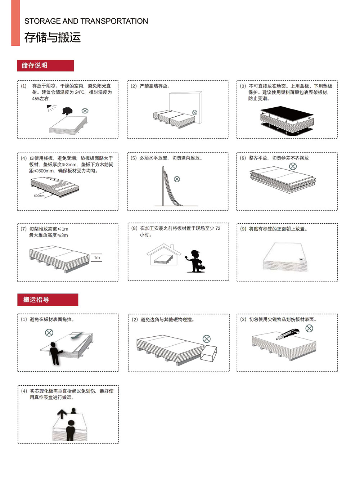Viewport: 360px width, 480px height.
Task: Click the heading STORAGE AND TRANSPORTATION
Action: [x=86, y=21]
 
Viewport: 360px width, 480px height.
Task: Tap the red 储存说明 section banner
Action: [x=45, y=66]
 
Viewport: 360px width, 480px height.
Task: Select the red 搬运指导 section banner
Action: [x=48, y=300]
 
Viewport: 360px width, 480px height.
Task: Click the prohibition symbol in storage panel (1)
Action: [x=85, y=111]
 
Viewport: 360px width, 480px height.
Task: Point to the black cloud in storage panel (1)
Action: [x=67, y=111]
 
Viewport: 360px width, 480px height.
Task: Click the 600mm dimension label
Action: [x=39, y=196]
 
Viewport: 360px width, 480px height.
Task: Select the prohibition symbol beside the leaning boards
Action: [x=177, y=179]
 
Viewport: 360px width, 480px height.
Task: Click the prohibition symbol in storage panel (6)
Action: [x=293, y=166]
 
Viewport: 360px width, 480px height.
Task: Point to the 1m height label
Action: [x=97, y=257]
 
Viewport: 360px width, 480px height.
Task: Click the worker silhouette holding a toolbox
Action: [x=195, y=261]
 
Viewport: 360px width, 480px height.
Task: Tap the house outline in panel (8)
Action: [x=164, y=254]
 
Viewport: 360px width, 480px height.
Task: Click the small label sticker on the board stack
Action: [x=302, y=260]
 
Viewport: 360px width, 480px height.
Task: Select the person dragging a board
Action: [x=55, y=353]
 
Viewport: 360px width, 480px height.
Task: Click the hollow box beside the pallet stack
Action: [x=208, y=353]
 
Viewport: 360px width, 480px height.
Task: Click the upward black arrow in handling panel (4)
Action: [x=62, y=414]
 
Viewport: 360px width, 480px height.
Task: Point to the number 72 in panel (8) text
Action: [x=217, y=228]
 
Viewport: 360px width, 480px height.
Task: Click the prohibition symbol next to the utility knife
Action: [x=309, y=328]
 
